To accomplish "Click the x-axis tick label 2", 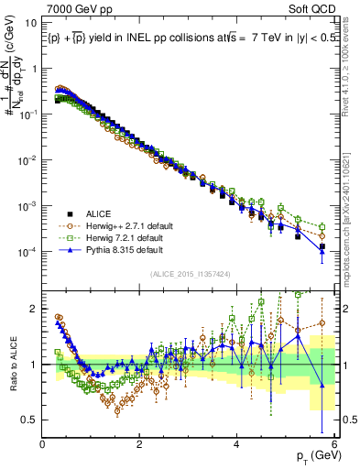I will (x=140, y=443).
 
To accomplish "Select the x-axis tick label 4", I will (x=237, y=443).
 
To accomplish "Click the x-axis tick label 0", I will (x=43, y=443).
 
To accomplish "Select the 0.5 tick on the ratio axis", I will (x=31, y=420).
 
